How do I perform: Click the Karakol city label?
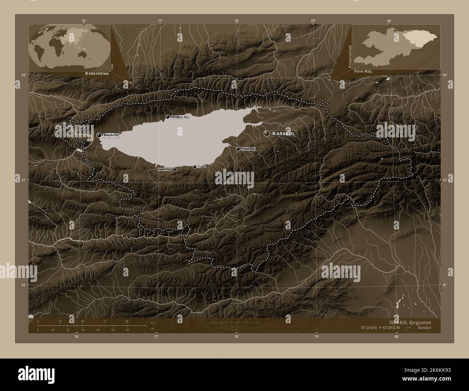(284, 134)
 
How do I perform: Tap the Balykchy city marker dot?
(99, 135)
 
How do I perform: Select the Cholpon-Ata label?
(180, 117)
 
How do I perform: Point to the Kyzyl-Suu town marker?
(238, 149)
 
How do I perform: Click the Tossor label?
(202, 167)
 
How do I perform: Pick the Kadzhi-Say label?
(164, 169)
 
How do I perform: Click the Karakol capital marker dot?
(267, 133)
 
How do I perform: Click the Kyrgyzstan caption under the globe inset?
(96, 73)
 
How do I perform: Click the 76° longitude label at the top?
(84, 21)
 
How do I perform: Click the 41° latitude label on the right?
(444, 285)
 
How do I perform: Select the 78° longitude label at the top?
(236, 21)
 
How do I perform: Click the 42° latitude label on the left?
(23, 180)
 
